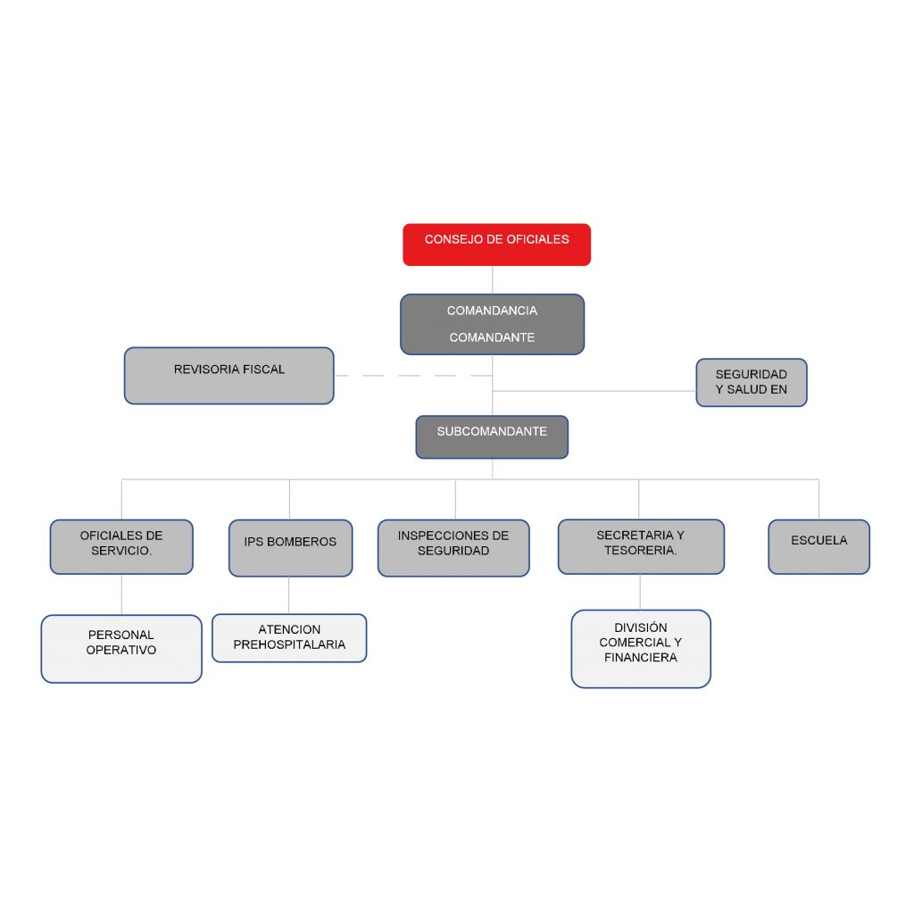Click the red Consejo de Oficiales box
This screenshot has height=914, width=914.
(496, 245)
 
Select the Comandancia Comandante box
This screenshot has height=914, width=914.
(492, 324)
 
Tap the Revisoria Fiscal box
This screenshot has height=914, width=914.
(228, 376)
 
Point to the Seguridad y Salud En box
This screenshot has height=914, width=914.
(752, 382)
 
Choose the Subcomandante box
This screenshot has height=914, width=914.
(492, 436)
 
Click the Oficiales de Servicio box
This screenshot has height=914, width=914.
(121, 546)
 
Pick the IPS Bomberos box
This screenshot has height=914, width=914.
(290, 547)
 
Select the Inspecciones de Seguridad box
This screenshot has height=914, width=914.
(453, 547)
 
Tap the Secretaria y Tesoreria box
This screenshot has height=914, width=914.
(641, 546)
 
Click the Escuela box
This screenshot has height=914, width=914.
(818, 546)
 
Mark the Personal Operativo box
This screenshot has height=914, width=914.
(121, 649)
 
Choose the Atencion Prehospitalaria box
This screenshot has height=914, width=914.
(289, 637)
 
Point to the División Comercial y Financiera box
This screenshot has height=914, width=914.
(641, 649)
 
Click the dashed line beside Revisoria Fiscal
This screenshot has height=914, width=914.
(411, 376)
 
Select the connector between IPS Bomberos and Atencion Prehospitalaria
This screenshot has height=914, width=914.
(289, 594)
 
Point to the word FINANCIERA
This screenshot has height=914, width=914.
(641, 658)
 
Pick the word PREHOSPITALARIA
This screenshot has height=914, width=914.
(289, 644)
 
